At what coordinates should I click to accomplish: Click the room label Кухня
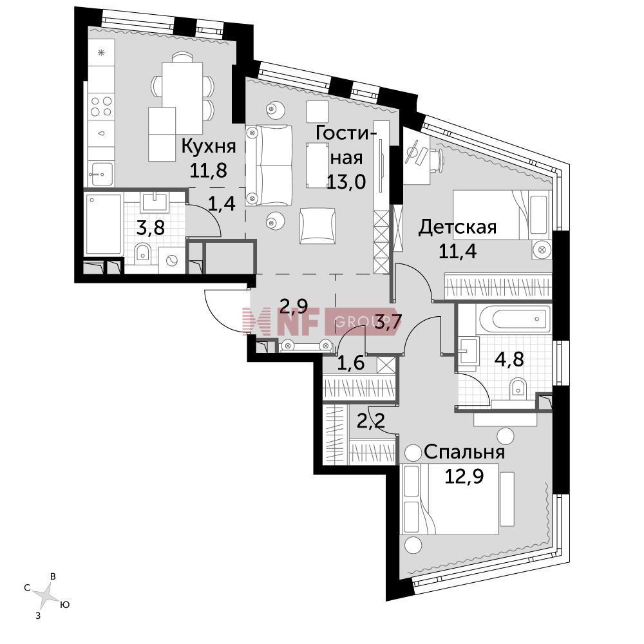(209, 146)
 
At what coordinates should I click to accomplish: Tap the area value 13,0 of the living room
(346, 181)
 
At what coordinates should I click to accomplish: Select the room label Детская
(457, 227)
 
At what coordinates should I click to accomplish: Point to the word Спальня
(464, 452)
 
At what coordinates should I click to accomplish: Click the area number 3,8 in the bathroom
(150, 227)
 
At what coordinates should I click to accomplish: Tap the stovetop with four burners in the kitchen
(102, 106)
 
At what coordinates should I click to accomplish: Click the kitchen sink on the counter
(101, 174)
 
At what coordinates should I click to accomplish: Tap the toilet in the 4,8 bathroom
(518, 388)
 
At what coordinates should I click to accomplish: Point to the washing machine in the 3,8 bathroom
(171, 260)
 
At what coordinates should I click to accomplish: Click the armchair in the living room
(317, 225)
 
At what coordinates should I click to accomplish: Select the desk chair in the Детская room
(437, 160)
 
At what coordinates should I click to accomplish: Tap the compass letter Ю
(64, 605)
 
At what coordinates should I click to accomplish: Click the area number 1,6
(350, 363)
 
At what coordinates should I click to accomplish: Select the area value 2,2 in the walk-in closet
(370, 421)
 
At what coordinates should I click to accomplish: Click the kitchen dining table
(182, 97)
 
